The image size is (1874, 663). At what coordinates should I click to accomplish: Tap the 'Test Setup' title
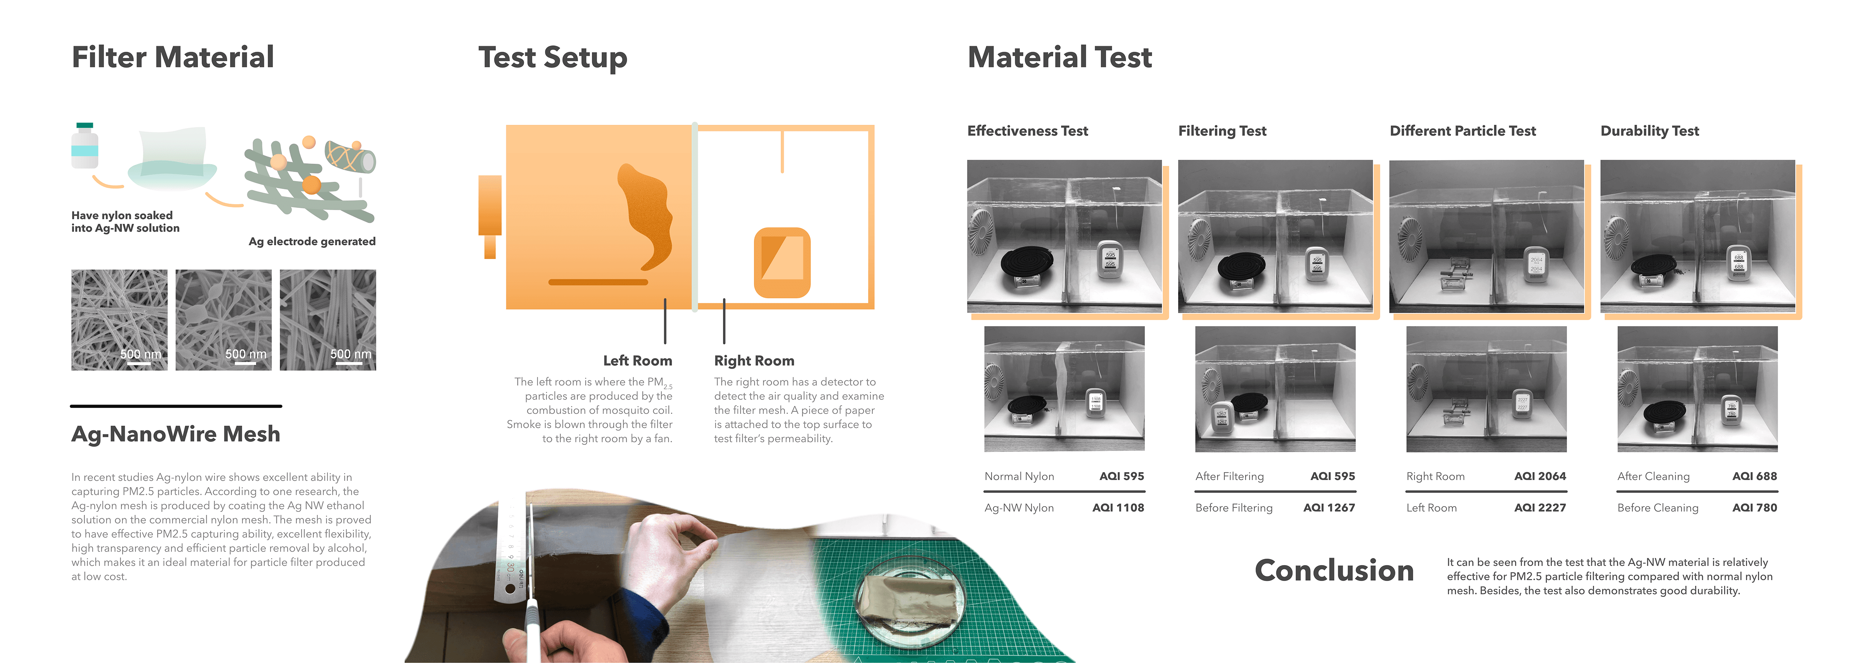(x=553, y=57)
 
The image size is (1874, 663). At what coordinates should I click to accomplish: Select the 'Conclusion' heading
(x=1334, y=570)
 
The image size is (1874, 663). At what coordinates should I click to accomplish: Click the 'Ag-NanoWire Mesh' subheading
(x=175, y=434)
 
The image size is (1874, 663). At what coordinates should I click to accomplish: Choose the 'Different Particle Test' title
(x=1462, y=131)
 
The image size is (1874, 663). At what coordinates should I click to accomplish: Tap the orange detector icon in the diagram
(x=782, y=263)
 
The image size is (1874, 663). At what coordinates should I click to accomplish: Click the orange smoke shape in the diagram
(x=646, y=216)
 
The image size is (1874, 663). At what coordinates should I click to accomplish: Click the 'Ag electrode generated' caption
(x=312, y=242)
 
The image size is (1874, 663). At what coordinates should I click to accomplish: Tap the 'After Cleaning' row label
(x=1653, y=477)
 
